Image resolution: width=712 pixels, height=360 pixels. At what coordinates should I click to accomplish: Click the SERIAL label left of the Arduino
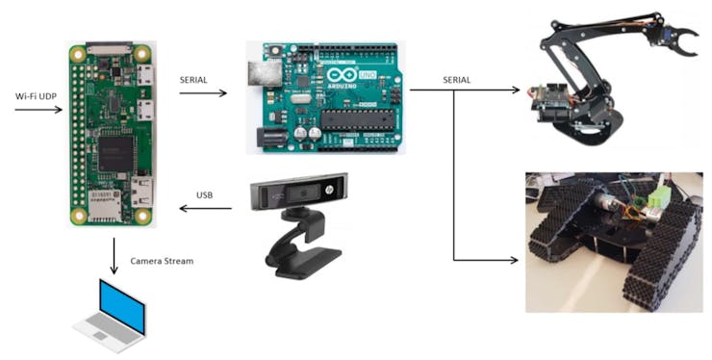click(196, 79)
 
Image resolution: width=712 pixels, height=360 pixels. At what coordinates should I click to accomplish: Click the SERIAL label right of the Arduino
click(457, 79)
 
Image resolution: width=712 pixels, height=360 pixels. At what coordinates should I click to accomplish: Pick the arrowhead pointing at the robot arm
click(515, 90)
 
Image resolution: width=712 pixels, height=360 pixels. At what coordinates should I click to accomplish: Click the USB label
click(204, 194)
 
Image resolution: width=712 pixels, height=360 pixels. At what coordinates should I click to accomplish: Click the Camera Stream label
click(161, 262)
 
